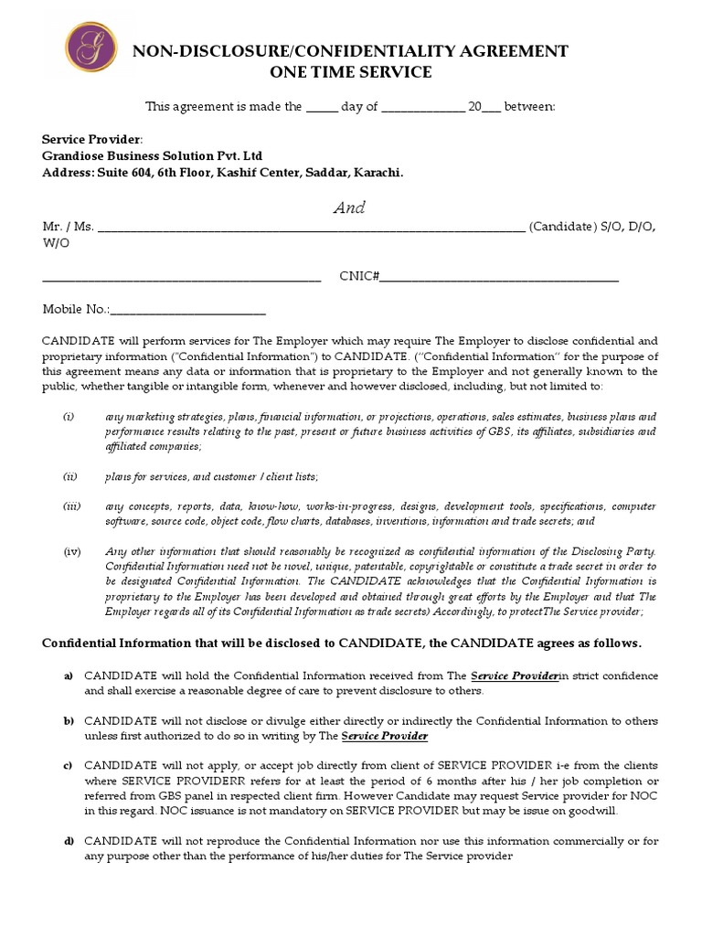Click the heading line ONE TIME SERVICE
point(351,72)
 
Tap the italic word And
point(349,207)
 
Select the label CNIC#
point(359,276)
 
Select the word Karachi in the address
point(377,172)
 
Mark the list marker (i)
point(69,417)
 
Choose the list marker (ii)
point(70,476)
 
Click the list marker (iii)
point(72,505)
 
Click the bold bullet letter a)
point(69,675)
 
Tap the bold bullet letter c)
point(69,765)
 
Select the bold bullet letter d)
point(69,840)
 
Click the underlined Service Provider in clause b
point(385,736)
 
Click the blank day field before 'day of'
point(321,108)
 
